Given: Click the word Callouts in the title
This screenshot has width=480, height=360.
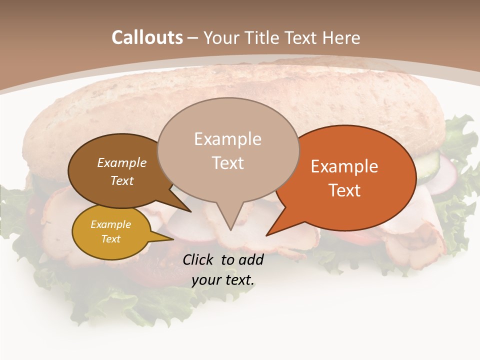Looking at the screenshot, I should pyautogui.click(x=147, y=37).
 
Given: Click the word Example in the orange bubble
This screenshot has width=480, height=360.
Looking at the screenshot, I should pyautogui.click(x=344, y=166).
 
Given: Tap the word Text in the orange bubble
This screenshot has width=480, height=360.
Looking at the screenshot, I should pyautogui.click(x=344, y=190).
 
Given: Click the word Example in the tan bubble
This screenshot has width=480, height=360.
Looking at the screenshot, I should pyautogui.click(x=227, y=139).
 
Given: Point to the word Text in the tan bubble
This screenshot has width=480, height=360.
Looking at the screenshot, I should pyautogui.click(x=227, y=163).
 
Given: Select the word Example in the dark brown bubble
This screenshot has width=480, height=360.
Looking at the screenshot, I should pyautogui.click(x=121, y=162).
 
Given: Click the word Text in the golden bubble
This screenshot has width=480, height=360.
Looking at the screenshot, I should pyautogui.click(x=110, y=239).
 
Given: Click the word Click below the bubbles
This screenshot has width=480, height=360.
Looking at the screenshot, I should pyautogui.click(x=198, y=259).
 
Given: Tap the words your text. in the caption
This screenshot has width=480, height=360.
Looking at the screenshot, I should pyautogui.click(x=223, y=280).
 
